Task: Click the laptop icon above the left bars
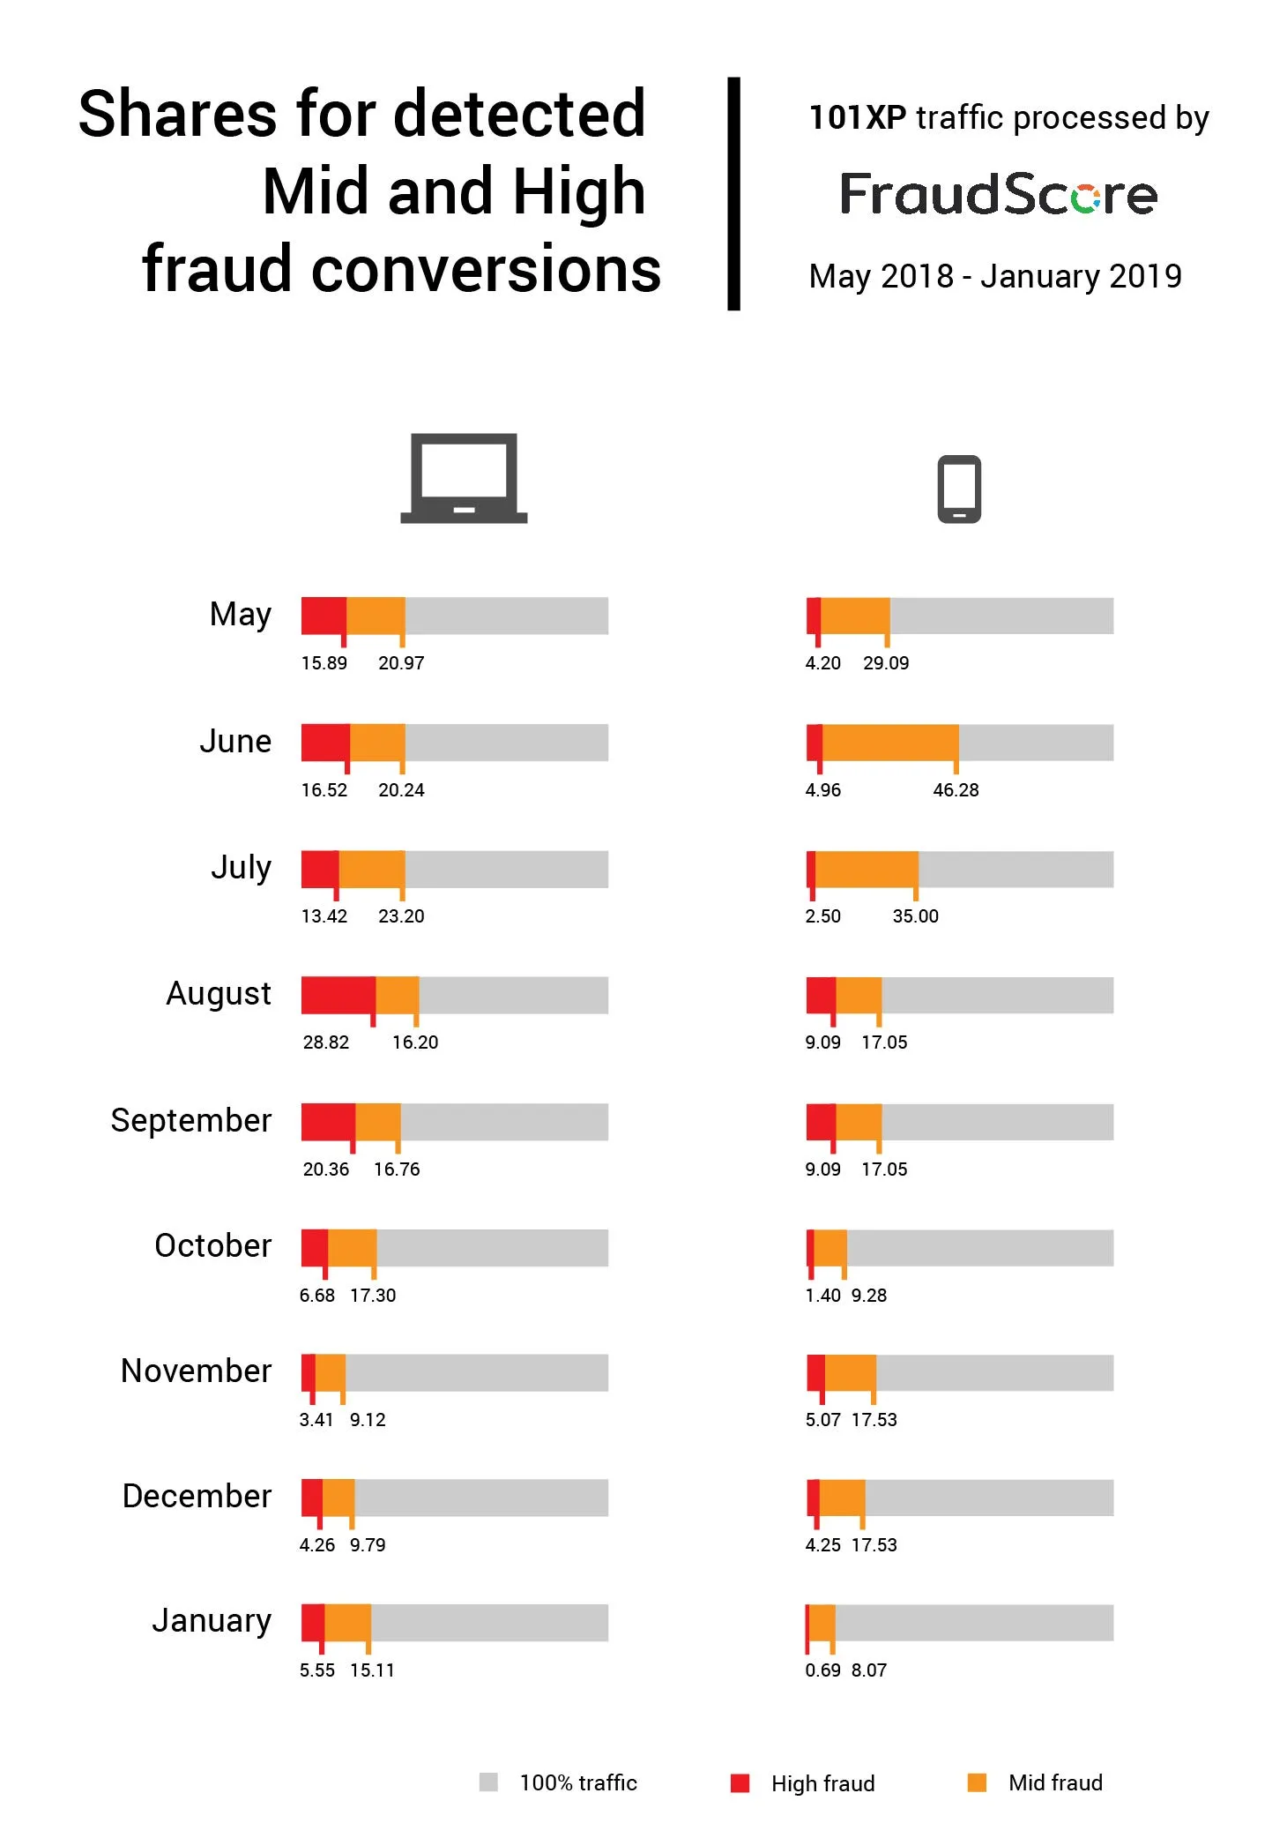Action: tap(464, 478)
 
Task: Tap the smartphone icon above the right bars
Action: tap(959, 489)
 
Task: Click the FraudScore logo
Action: tap(998, 194)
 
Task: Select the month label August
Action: tap(219, 994)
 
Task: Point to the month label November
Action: tap(196, 1371)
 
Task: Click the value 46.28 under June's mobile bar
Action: tap(956, 790)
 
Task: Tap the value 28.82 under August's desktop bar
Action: tap(326, 1042)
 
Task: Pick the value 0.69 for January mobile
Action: tap(822, 1670)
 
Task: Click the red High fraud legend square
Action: tap(740, 1783)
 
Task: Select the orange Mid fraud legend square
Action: tap(977, 1782)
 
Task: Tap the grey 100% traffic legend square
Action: tap(488, 1782)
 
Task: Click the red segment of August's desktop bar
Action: tap(338, 995)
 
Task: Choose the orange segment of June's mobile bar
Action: tap(890, 743)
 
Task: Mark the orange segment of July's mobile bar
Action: tap(867, 870)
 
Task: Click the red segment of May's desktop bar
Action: tap(324, 616)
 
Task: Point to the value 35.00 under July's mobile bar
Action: tap(915, 916)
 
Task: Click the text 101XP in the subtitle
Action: tap(857, 118)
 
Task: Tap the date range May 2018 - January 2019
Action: tap(995, 277)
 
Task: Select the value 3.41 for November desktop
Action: tap(316, 1420)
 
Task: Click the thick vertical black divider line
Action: tap(733, 194)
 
